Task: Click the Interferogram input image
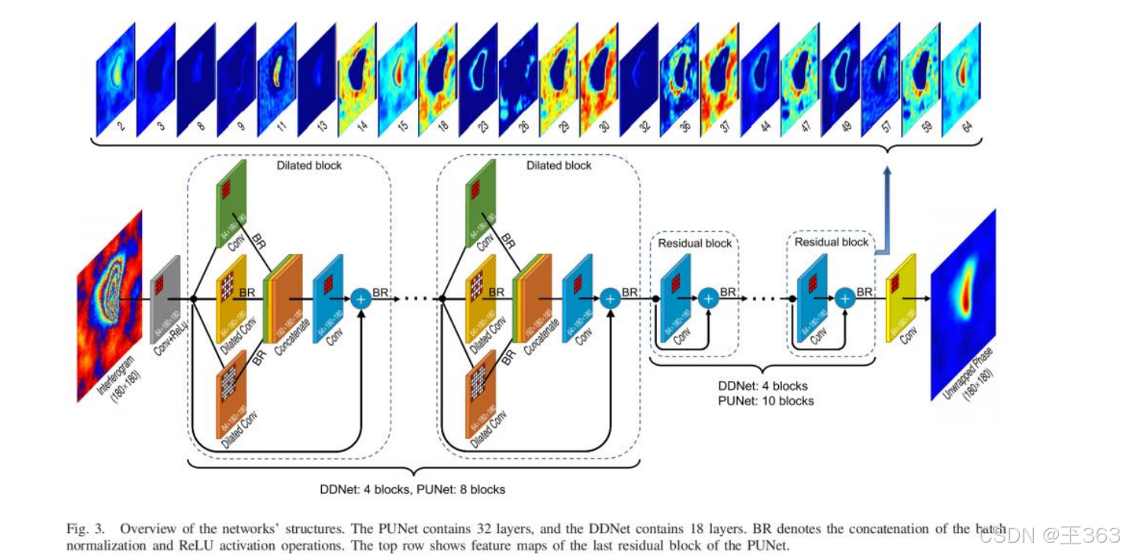(x=109, y=305)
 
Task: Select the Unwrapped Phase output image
(x=963, y=304)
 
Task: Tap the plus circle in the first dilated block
(x=362, y=298)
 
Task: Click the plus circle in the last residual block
(x=844, y=298)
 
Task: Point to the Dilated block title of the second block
(x=559, y=165)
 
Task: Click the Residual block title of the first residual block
(x=694, y=243)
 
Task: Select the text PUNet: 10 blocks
(x=766, y=401)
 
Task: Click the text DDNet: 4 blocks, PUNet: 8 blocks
(x=413, y=489)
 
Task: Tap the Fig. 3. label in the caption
(x=84, y=528)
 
